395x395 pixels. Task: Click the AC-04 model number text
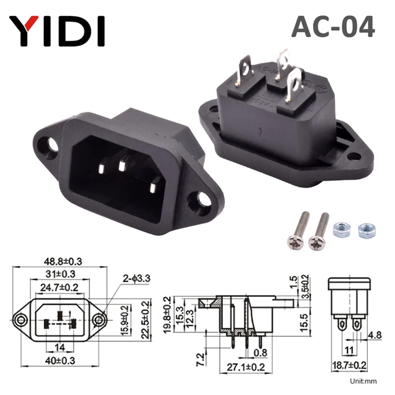pos(333,28)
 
